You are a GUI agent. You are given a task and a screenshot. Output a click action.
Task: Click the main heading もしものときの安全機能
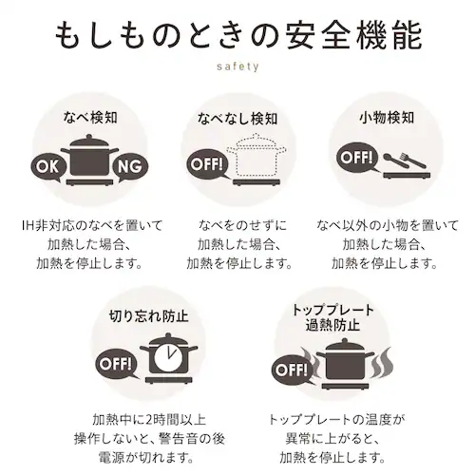[238, 36]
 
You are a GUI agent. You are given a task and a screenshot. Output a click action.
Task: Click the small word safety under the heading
[237, 66]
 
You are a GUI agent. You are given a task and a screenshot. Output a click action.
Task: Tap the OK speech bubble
[47, 167]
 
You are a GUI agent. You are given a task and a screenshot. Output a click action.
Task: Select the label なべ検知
[90, 117]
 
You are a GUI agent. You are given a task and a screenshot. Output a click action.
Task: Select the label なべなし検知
[237, 119]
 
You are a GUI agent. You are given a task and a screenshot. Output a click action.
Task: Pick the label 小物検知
[387, 118]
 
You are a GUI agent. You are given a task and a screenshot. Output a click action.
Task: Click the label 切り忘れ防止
[148, 315]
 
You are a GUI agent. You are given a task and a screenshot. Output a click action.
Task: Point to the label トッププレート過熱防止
[332, 317]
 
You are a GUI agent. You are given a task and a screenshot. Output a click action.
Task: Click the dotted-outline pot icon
[260, 156]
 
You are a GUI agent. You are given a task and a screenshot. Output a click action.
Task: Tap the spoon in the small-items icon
[396, 161]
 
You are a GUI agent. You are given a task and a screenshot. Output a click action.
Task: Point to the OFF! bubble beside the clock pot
[117, 364]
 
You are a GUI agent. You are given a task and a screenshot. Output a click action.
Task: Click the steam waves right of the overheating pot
[382, 363]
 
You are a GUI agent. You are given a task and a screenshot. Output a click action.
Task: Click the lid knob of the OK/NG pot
[90, 137]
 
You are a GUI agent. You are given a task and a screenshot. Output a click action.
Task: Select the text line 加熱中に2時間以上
[149, 420]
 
